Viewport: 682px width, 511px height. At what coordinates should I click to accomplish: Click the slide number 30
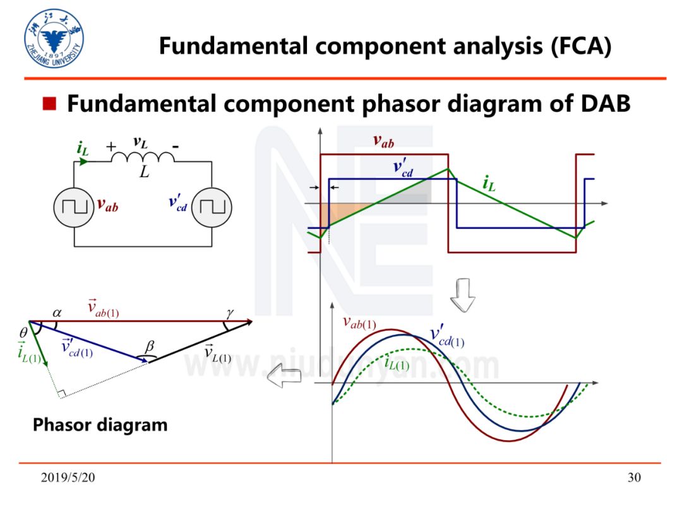click(x=634, y=478)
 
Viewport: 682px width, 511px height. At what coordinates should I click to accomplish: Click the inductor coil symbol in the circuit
click(x=145, y=155)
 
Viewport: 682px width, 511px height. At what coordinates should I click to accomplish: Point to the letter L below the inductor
click(x=145, y=172)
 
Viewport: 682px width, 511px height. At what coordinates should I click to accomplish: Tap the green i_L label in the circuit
click(x=83, y=149)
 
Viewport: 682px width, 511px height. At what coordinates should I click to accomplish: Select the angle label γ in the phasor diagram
click(x=229, y=312)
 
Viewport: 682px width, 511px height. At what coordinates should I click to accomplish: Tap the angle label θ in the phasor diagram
click(x=23, y=332)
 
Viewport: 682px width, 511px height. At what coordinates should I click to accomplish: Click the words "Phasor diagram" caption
click(x=100, y=425)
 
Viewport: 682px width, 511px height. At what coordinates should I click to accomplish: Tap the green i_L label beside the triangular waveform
click(x=488, y=185)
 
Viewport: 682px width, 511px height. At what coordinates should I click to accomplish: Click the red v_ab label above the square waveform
click(x=384, y=141)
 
